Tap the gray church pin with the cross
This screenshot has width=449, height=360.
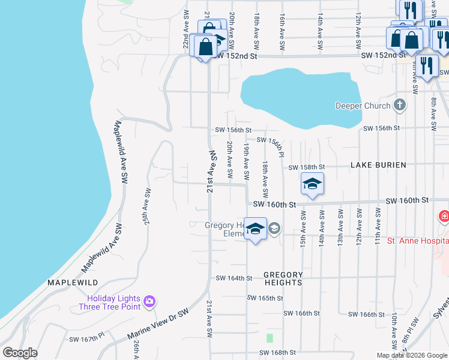(x=400, y=106)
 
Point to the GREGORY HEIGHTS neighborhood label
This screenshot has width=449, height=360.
(x=283, y=278)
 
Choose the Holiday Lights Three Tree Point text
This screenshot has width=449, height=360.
(x=113, y=303)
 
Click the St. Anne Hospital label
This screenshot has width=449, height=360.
(x=418, y=241)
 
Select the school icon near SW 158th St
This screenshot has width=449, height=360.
(x=312, y=184)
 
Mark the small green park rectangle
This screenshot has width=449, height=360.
(x=270, y=338)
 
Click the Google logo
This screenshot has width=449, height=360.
(x=20, y=353)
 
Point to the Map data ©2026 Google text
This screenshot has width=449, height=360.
(x=412, y=355)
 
